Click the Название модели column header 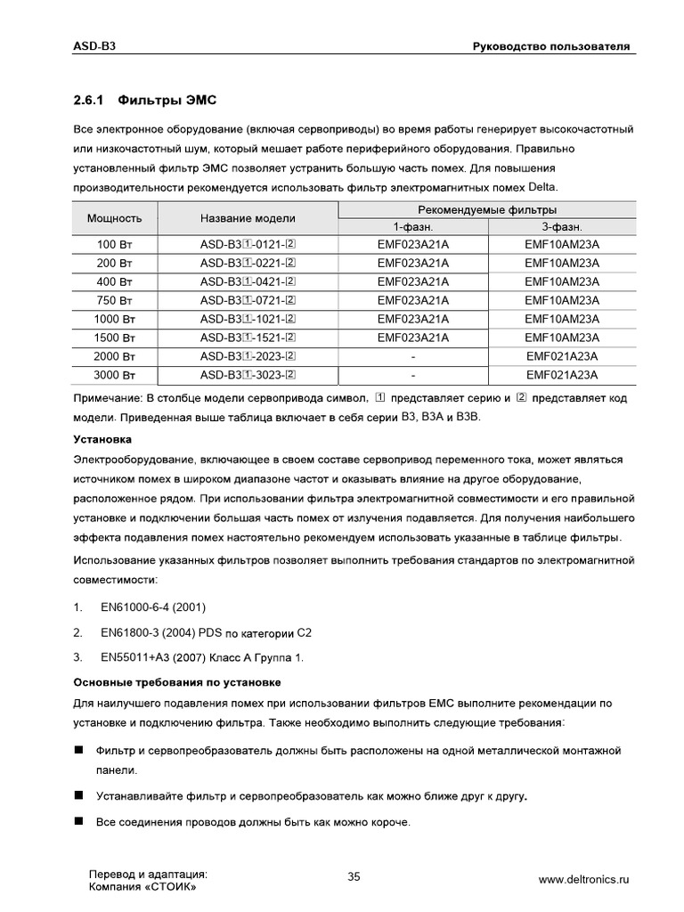coord(248,218)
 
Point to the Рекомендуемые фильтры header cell coord(487,209)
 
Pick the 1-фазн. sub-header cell coord(412,227)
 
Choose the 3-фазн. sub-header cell coord(562,227)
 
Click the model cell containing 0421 coord(248,281)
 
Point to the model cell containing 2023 coord(248,356)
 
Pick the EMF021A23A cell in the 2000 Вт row coord(562,356)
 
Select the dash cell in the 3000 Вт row coord(412,375)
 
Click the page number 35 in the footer coord(354,877)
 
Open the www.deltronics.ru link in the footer coord(583,880)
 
